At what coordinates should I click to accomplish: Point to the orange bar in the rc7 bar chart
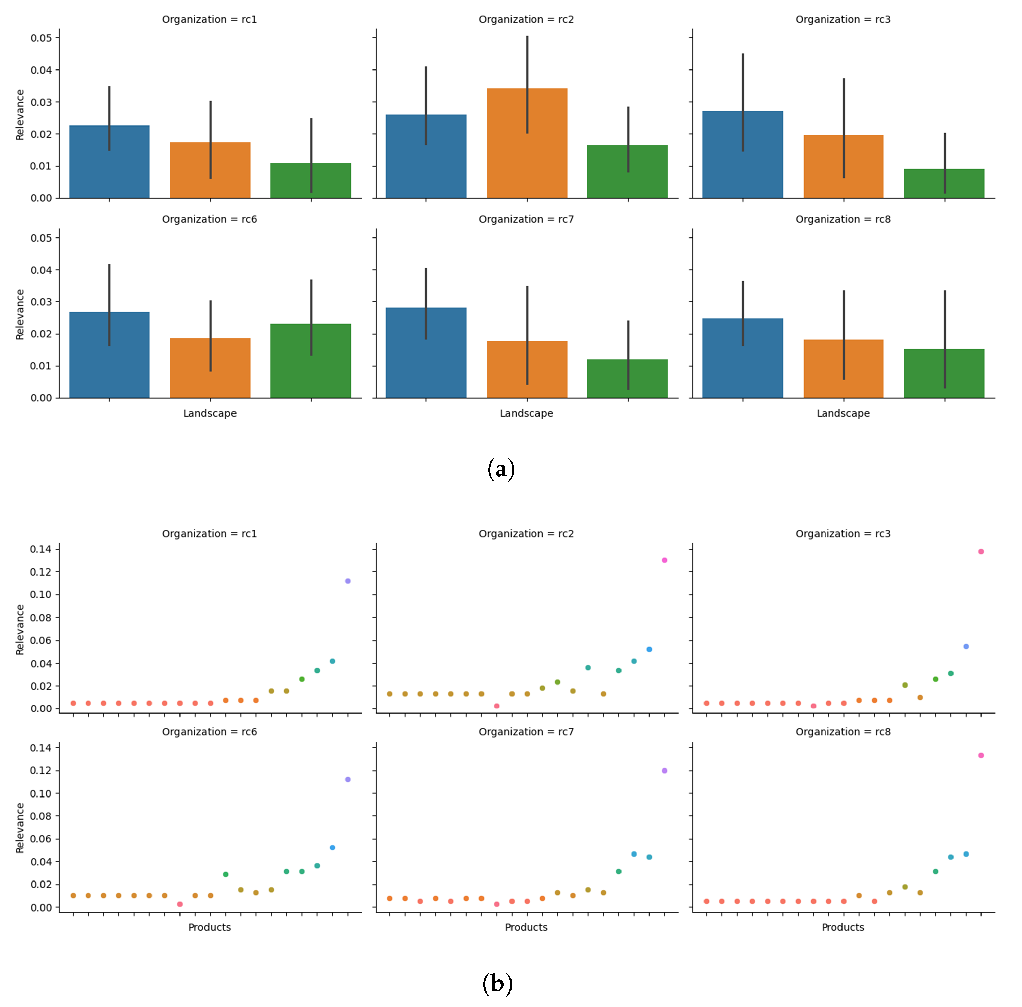coord(527,370)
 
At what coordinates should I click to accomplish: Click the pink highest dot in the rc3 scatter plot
coord(981,552)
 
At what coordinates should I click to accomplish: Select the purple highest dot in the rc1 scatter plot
coord(348,581)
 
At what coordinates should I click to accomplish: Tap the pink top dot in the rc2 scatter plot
coord(664,560)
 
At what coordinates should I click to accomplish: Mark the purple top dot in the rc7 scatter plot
coord(664,771)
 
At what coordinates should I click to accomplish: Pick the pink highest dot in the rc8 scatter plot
coord(981,755)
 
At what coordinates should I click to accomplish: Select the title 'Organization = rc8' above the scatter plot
coord(843,732)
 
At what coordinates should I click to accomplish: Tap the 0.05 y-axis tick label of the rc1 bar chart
coord(41,38)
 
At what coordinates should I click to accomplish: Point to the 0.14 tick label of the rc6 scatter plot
coord(41,748)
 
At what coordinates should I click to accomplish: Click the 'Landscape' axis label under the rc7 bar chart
coord(526,413)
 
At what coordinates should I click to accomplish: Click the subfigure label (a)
coord(500,469)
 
